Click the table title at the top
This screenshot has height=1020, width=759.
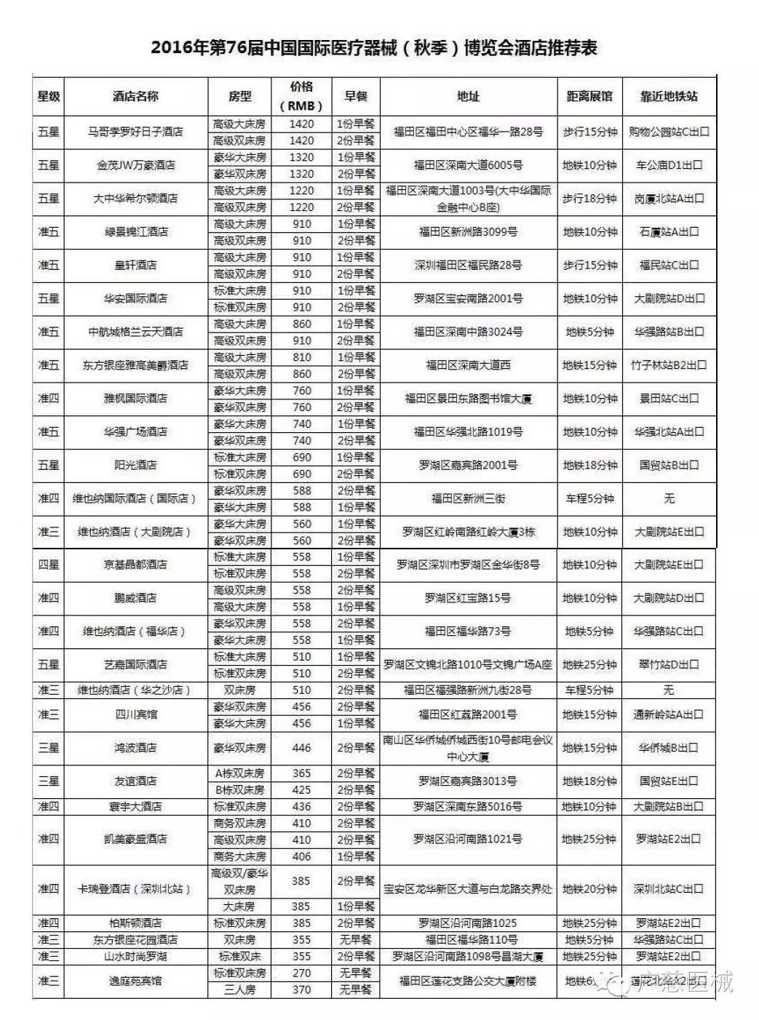pyautogui.click(x=374, y=49)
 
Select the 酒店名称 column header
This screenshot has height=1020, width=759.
pyautogui.click(x=135, y=96)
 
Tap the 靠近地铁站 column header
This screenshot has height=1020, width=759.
pyautogui.click(x=669, y=96)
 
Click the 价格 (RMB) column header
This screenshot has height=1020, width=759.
pyautogui.click(x=301, y=96)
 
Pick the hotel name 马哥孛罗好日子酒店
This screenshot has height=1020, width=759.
pyautogui.click(x=135, y=132)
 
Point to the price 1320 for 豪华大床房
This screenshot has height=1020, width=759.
pyautogui.click(x=301, y=157)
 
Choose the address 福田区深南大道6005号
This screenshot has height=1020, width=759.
pyautogui.click(x=468, y=165)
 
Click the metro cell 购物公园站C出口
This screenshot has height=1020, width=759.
pyautogui.click(x=669, y=132)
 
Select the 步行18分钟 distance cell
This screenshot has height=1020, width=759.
pyautogui.click(x=589, y=199)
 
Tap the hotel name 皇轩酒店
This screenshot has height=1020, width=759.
pyautogui.click(x=135, y=266)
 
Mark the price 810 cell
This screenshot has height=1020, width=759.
pyautogui.click(x=301, y=357)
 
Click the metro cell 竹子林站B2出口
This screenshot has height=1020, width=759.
pyautogui.click(x=669, y=365)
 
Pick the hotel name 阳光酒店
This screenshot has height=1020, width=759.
pyautogui.click(x=135, y=465)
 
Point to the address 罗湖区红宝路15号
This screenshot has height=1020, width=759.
pyautogui.click(x=468, y=598)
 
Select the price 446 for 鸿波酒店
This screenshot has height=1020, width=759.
pyautogui.click(x=301, y=748)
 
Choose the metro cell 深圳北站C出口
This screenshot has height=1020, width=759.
pyautogui.click(x=669, y=889)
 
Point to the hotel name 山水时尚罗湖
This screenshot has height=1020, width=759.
pyautogui.click(x=135, y=956)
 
